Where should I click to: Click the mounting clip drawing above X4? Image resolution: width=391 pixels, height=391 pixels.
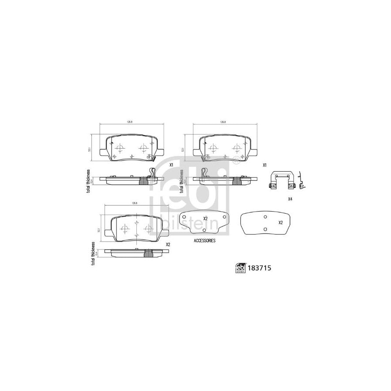(283, 180)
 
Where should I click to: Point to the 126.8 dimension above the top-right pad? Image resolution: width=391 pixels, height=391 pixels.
(223, 123)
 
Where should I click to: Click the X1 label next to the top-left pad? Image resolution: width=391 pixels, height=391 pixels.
(172, 165)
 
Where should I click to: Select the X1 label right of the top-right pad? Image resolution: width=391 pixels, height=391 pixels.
(264, 165)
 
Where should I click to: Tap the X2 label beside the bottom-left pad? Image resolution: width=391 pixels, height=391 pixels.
(168, 245)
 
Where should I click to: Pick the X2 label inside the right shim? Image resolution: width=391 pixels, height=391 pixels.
(281, 222)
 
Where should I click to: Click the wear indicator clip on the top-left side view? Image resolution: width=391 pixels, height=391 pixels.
(152, 172)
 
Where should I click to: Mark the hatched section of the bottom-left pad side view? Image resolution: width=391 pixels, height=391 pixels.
(148, 254)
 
